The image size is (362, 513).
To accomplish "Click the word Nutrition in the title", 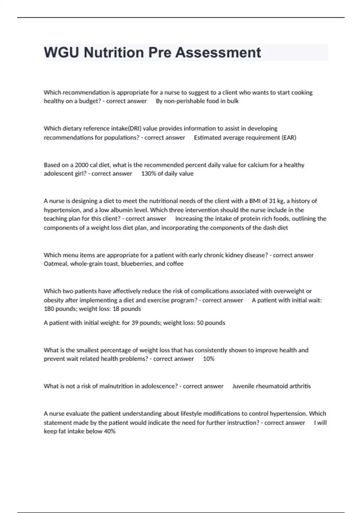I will [x=114, y=53].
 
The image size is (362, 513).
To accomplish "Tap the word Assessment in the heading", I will [x=218, y=53].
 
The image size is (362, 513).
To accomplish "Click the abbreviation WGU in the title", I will [x=62, y=53].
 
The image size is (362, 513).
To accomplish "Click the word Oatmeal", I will [x=56, y=264].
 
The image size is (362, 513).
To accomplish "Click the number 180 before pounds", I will [x=49, y=309].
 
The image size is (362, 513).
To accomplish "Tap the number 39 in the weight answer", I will [x=135, y=323].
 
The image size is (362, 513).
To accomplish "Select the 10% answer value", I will [x=209, y=359].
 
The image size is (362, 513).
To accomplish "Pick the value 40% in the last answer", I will [x=110, y=432].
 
